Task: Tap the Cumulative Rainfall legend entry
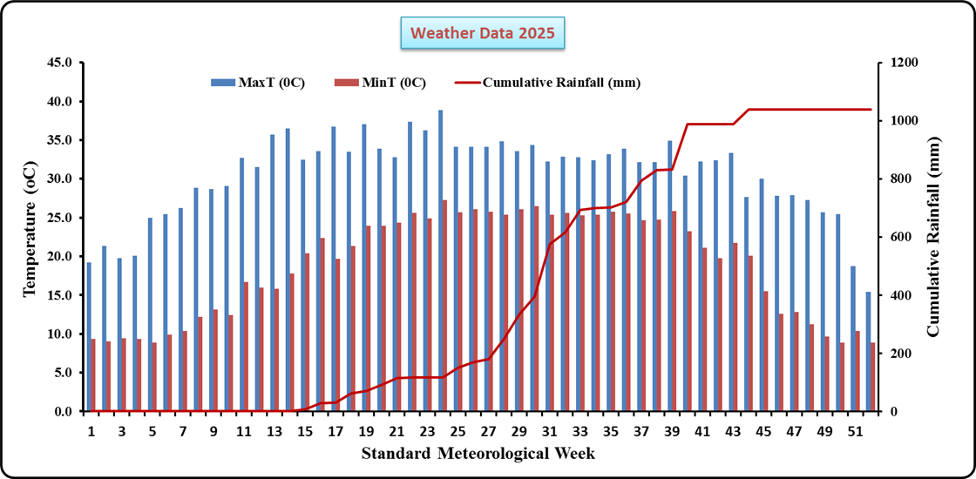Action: (x=549, y=83)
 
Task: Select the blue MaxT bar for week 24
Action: (x=440, y=260)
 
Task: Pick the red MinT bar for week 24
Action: (x=446, y=305)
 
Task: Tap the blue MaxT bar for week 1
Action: (x=88, y=336)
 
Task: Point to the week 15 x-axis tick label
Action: (x=305, y=431)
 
